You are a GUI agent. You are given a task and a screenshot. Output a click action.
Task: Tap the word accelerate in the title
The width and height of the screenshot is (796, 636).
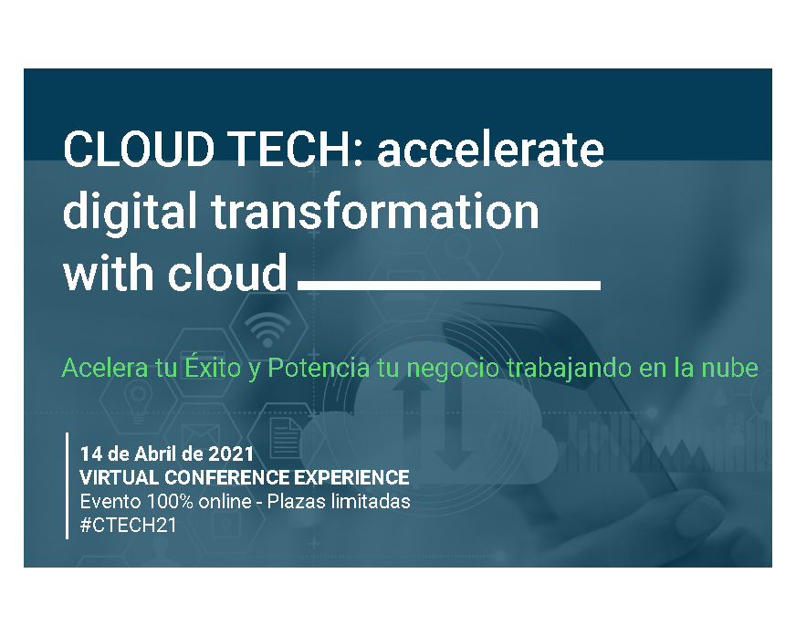pyautogui.click(x=490, y=150)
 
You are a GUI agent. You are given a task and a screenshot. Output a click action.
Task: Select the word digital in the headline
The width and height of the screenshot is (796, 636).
pyautogui.click(x=130, y=212)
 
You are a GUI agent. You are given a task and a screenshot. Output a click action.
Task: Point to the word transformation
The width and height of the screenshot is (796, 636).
pyautogui.click(x=374, y=211)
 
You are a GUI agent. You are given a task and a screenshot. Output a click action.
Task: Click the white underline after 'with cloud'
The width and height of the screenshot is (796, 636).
pyautogui.click(x=449, y=286)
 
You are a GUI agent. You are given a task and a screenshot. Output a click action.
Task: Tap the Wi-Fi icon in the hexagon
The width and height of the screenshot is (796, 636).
pyautogui.click(x=267, y=329)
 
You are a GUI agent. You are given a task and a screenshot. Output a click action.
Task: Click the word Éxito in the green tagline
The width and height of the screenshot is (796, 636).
pyautogui.click(x=213, y=367)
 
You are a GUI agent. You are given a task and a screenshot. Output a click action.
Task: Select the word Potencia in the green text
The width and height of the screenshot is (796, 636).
pyautogui.click(x=319, y=368)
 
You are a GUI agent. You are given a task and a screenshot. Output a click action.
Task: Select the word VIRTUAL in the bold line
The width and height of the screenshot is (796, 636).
pyautogui.click(x=120, y=477)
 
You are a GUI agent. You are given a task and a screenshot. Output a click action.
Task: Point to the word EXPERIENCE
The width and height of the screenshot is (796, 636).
pyautogui.click(x=351, y=477)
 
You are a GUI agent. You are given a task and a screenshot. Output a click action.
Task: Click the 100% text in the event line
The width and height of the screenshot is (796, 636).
pyautogui.click(x=170, y=502)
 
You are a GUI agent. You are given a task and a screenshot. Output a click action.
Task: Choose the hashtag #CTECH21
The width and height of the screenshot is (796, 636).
pyautogui.click(x=129, y=526)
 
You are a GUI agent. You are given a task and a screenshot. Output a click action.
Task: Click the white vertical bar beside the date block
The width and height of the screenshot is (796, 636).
pyautogui.click(x=67, y=485)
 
